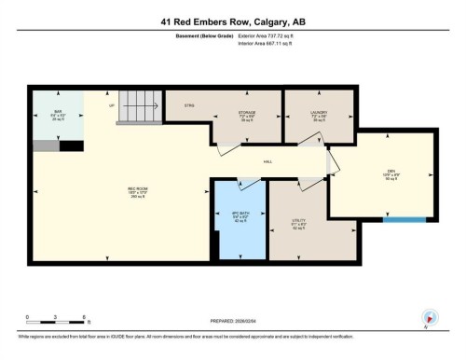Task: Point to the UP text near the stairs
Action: point(113,105)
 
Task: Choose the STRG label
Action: point(187,105)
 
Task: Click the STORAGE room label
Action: point(247,114)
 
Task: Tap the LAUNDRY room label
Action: point(320,114)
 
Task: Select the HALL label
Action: point(267,162)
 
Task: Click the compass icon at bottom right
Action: point(430,317)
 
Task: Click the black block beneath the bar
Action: point(71,145)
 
